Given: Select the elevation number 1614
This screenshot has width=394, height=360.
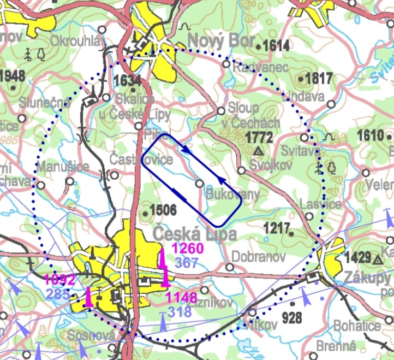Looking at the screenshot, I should point(276,46).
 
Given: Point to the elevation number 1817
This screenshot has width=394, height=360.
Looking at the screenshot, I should point(319,79).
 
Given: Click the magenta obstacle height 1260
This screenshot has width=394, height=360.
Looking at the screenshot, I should point(188,249).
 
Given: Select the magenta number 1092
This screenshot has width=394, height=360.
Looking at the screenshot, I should point(59,281).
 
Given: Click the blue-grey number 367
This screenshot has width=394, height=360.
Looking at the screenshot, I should point(187,263).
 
